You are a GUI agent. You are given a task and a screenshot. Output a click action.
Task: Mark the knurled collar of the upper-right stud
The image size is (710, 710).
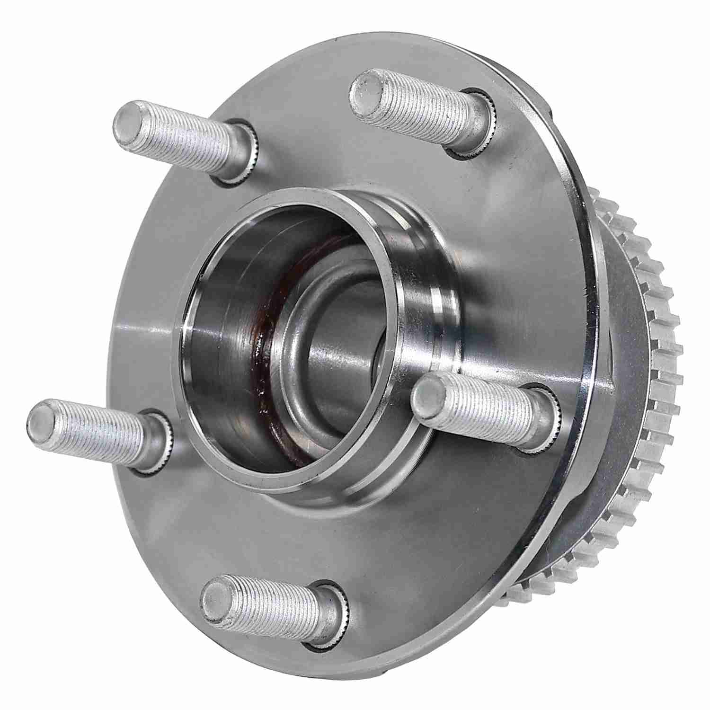[x=476, y=125]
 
